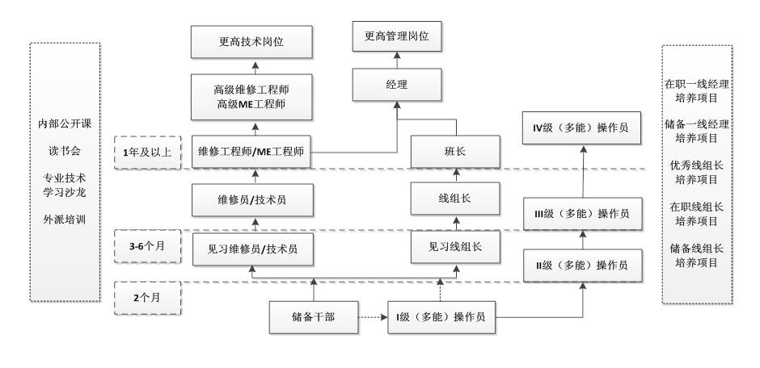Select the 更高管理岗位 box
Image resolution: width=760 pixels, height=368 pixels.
[x=396, y=37]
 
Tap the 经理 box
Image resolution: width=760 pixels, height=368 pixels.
[x=396, y=83]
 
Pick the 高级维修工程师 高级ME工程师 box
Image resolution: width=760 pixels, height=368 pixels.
[x=251, y=97]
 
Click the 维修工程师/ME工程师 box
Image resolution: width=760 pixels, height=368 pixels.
[x=251, y=150]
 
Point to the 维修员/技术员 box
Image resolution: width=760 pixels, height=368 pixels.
[x=251, y=199]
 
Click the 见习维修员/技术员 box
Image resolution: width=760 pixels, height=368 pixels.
[x=251, y=248]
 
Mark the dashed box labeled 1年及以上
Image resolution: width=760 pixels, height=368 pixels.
[x=148, y=149]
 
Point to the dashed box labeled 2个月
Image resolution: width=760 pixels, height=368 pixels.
[x=148, y=297]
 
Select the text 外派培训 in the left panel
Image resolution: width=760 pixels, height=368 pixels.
[x=65, y=219]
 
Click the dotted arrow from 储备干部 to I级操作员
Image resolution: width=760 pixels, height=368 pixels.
[x=372, y=318]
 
